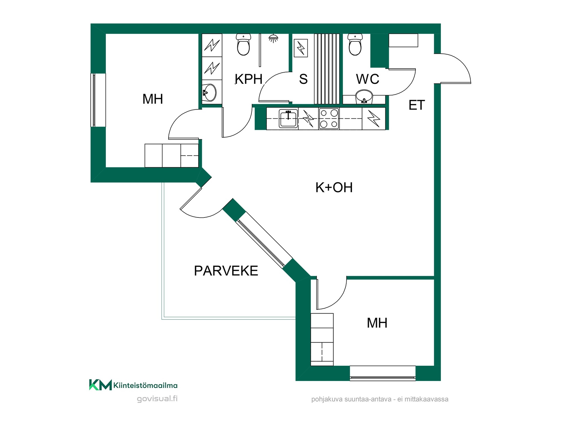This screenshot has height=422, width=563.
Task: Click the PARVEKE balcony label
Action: (x=226, y=271)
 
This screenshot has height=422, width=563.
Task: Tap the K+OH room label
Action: (x=334, y=188)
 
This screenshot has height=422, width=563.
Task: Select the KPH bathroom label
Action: (x=249, y=79)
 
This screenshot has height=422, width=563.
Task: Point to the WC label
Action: (x=368, y=79)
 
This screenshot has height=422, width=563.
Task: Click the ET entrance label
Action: (x=417, y=105)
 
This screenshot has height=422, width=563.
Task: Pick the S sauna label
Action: (x=303, y=79)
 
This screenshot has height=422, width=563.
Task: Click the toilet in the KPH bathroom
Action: (x=243, y=45)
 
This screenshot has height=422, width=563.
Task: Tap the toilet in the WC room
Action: (x=355, y=45)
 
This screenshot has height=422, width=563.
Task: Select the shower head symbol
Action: (x=273, y=38)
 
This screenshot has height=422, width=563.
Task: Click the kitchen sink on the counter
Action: (x=288, y=119)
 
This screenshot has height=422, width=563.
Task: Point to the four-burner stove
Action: (x=329, y=119)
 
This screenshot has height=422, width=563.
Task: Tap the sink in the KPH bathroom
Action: (x=209, y=93)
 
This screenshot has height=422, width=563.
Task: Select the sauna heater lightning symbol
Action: (x=301, y=48)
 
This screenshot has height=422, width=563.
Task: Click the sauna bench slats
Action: (x=327, y=69)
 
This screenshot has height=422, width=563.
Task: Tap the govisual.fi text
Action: (x=157, y=399)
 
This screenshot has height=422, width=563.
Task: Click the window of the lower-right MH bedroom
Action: (x=383, y=373)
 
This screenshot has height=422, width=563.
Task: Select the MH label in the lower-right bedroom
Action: (x=377, y=323)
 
